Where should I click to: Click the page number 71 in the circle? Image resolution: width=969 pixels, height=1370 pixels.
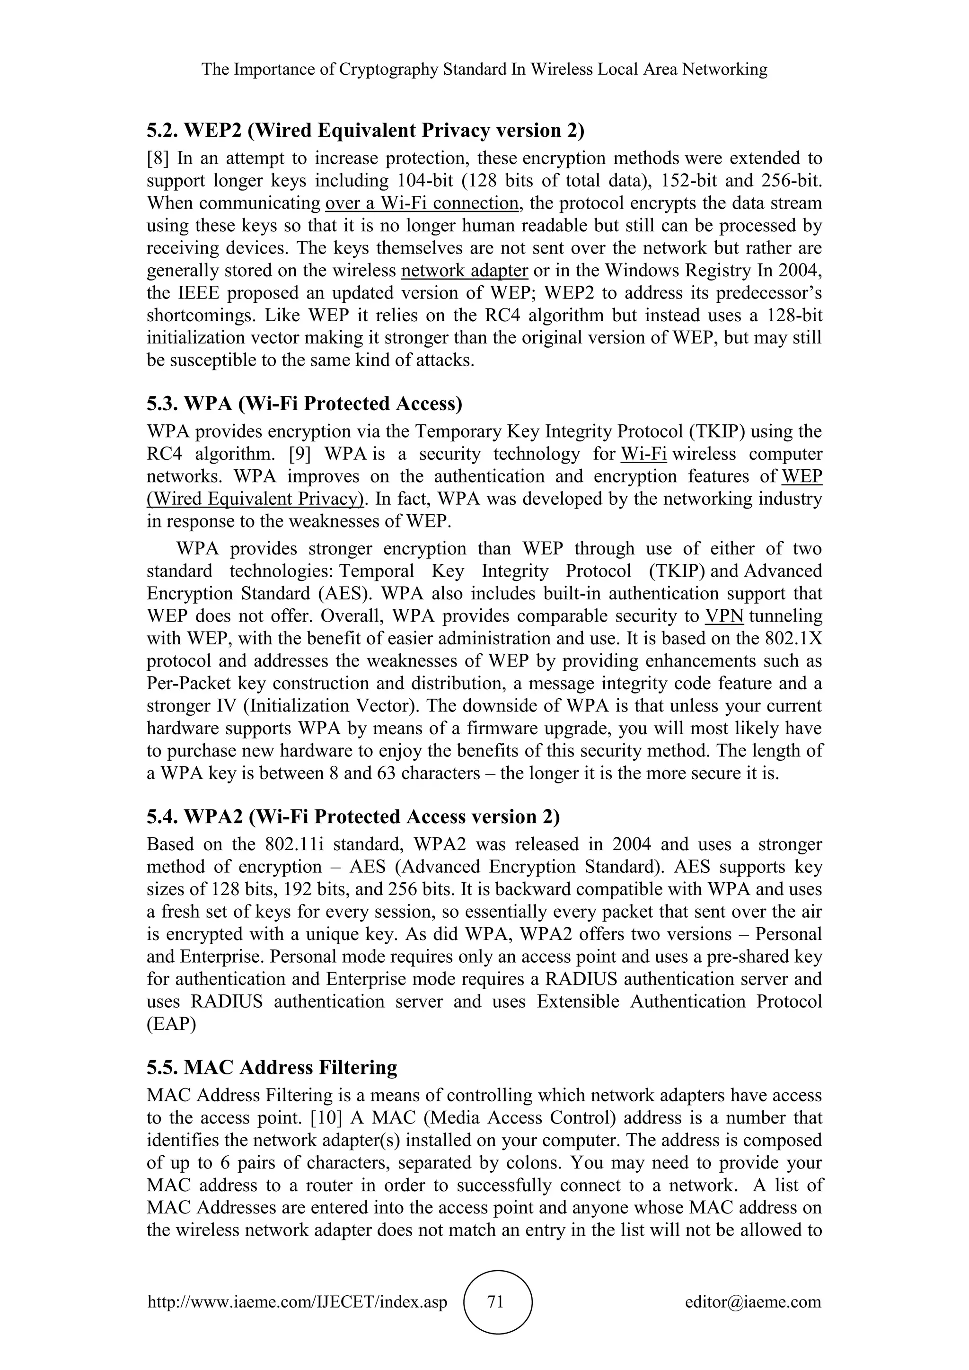[x=496, y=1301]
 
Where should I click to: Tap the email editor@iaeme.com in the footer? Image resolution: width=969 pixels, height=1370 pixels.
[x=753, y=1301]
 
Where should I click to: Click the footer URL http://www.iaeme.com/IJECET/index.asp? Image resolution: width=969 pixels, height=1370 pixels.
[x=297, y=1301]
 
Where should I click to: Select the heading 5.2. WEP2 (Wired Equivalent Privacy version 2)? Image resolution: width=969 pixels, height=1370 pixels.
[x=365, y=130]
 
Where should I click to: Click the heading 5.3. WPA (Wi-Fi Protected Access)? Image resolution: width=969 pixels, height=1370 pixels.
[x=304, y=404]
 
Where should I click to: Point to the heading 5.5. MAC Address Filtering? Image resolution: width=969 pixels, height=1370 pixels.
[x=272, y=1067]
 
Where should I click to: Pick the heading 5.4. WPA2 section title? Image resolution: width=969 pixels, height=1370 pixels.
[x=353, y=816]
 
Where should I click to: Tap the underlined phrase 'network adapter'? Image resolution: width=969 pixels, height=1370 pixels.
[x=465, y=270]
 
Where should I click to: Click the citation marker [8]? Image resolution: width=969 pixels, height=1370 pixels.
[x=158, y=158]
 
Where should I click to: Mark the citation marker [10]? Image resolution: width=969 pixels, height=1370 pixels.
[x=326, y=1117]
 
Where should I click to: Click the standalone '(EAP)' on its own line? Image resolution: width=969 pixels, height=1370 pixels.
[x=171, y=1024]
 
